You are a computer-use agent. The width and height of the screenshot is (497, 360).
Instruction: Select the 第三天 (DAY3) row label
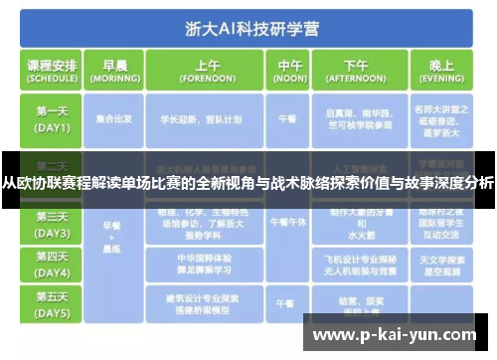coord(53,224)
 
